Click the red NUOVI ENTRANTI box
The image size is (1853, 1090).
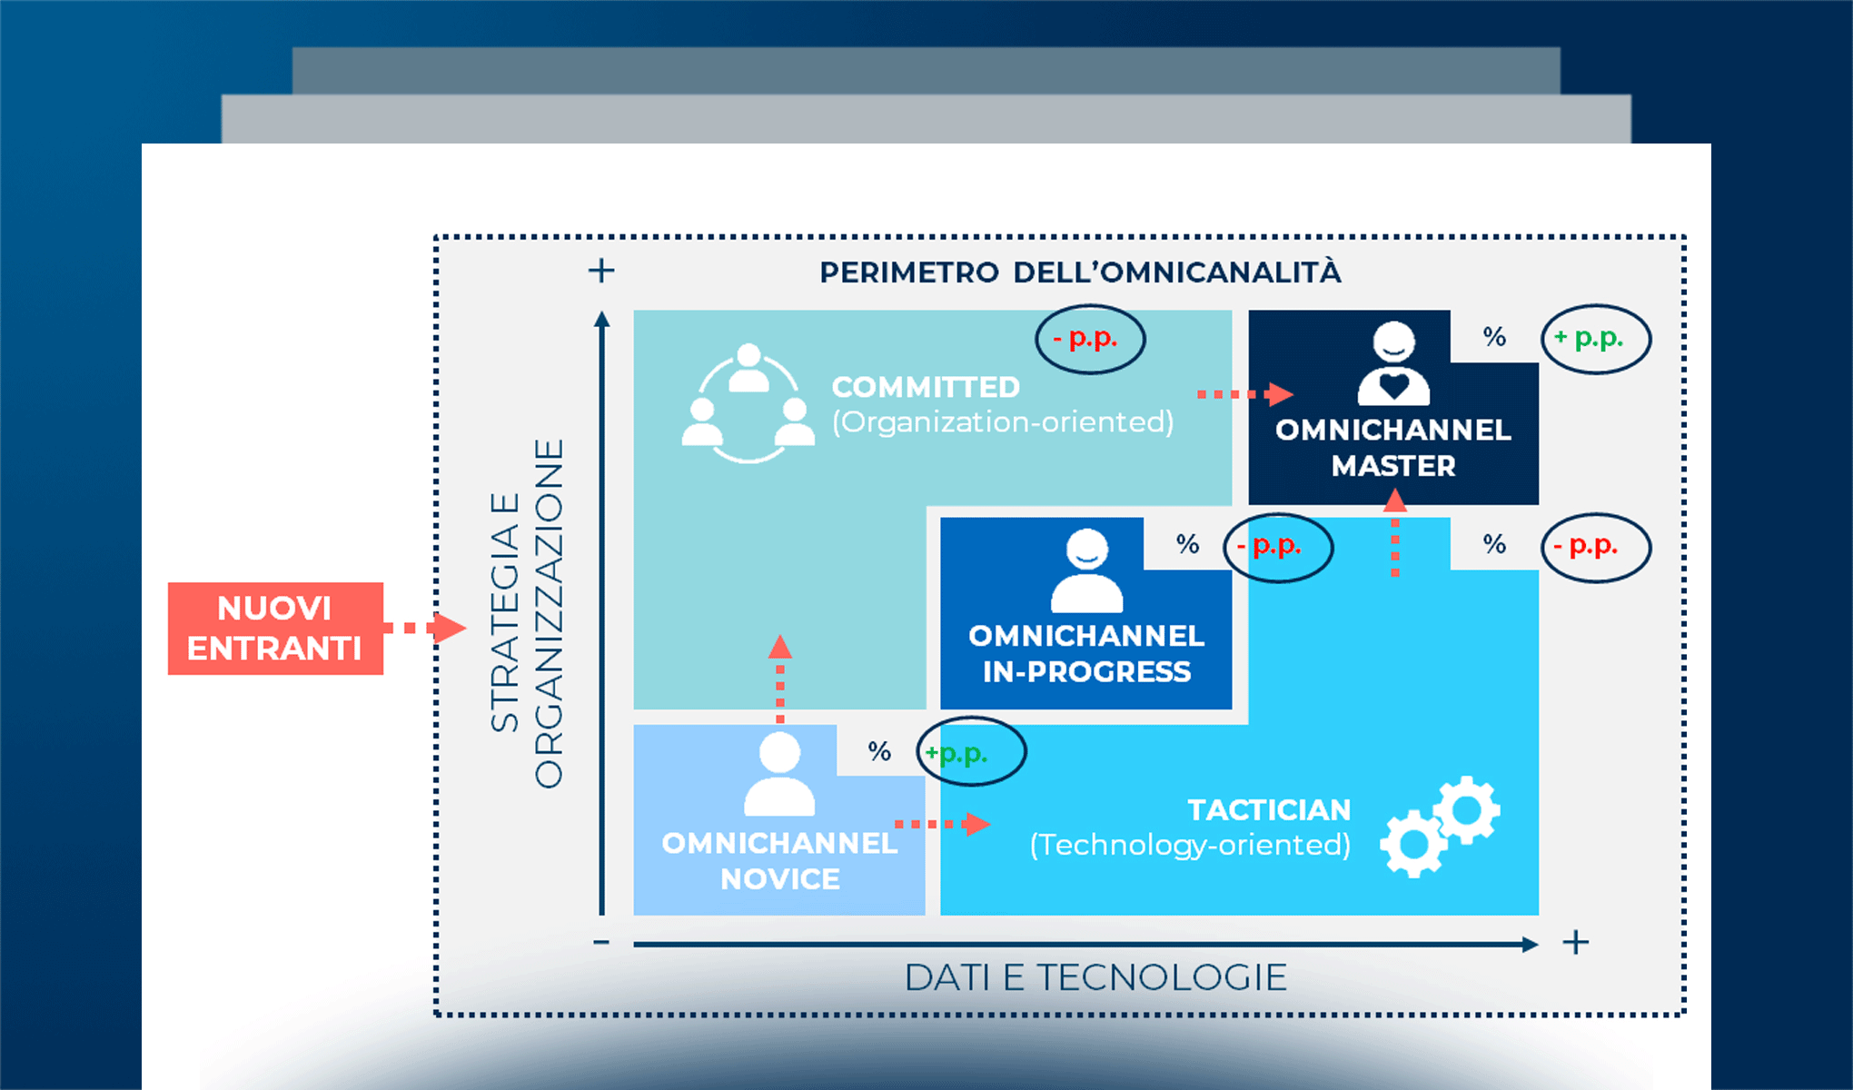275,629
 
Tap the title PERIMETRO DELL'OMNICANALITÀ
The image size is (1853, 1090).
1079,272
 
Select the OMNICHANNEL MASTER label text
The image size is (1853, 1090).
1393,448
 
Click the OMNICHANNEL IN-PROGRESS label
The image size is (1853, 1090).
1086,654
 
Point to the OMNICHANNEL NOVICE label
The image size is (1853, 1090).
779,861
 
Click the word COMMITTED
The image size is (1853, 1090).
926,387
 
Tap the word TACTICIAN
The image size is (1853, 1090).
1269,809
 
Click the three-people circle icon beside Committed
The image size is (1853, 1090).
748,403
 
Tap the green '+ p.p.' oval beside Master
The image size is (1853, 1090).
1596,339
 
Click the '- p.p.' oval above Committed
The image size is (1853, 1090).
1090,339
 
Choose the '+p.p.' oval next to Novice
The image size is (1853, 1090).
970,752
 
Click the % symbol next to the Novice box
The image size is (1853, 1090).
879,751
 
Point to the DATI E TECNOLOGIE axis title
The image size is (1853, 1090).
1095,978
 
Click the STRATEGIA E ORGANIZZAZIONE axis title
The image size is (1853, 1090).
526,613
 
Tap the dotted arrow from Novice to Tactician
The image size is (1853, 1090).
942,824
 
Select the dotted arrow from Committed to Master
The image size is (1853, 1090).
1244,394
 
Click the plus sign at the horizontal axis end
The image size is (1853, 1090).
1576,943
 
